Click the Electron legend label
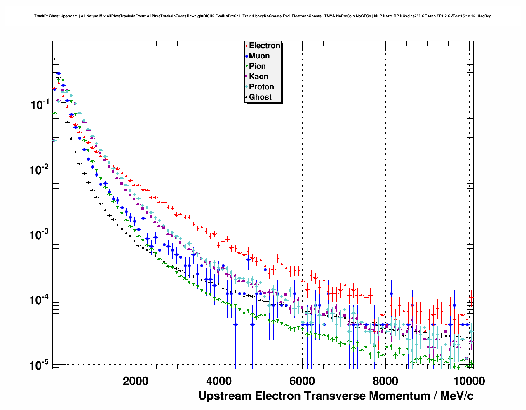point(265,46)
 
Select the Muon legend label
point(259,56)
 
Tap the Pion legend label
point(257,66)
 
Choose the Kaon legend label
point(258,77)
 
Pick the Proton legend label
point(261,87)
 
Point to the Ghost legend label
point(260,97)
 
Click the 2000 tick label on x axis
point(136,381)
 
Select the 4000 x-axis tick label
point(219,381)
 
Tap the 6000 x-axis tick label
point(302,381)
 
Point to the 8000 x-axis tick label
point(385,381)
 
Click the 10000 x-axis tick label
point(468,381)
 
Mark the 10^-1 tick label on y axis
point(40,105)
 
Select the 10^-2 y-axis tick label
point(40,170)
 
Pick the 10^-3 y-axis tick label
point(40,235)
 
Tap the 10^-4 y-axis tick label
point(40,300)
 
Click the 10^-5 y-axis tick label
point(40,365)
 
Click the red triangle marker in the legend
point(247,46)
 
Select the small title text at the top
point(263,16)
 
